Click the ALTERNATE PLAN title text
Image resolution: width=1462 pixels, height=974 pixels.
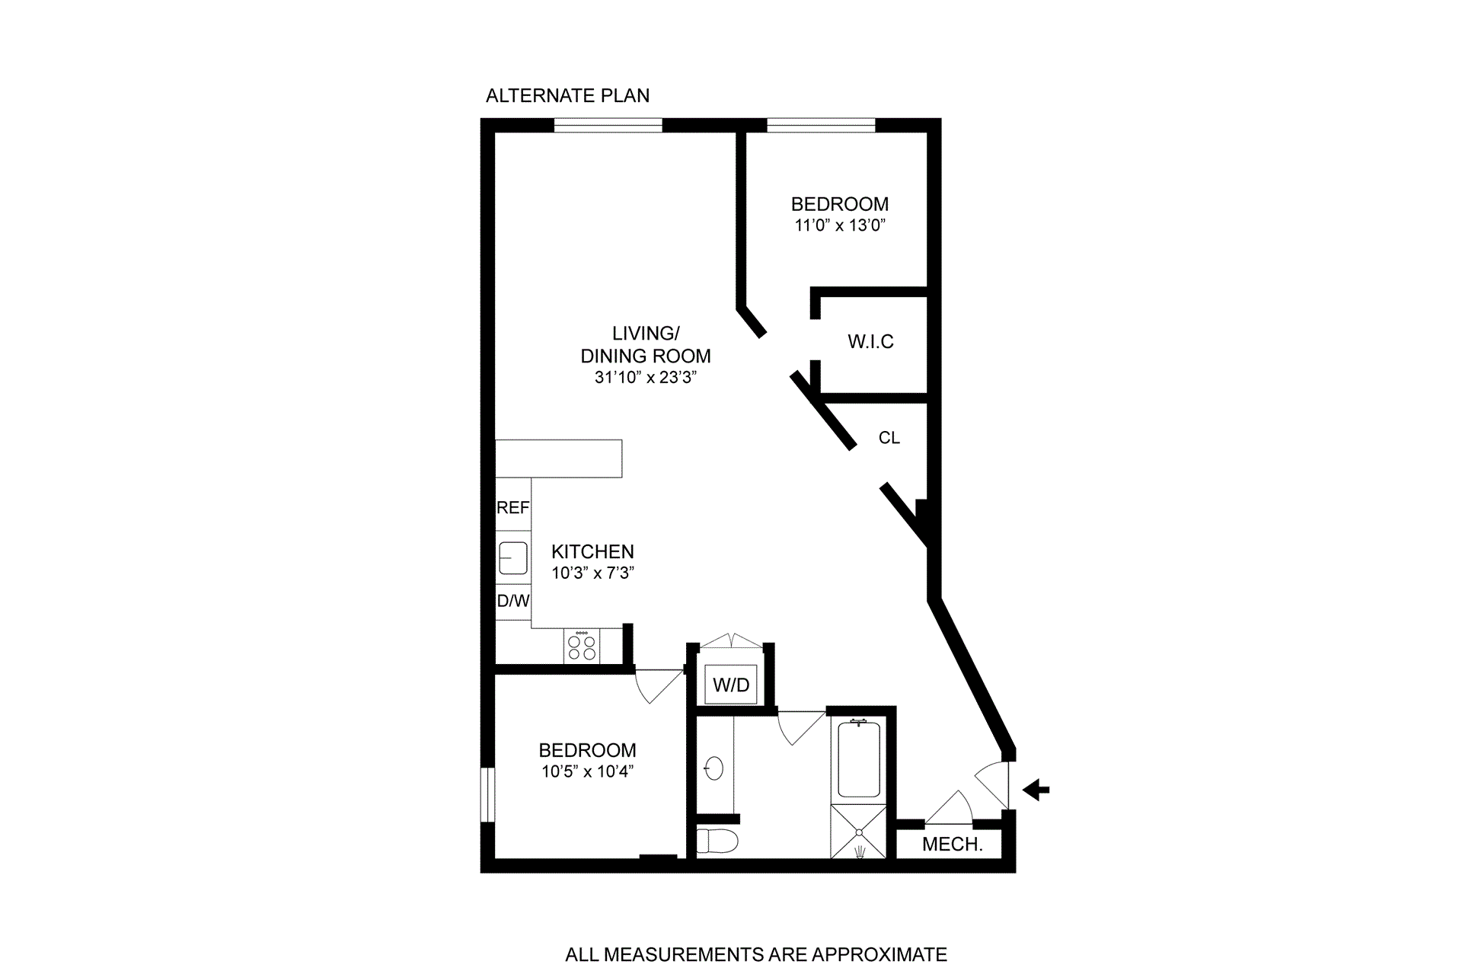click(x=567, y=96)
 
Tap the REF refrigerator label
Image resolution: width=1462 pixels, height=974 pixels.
click(x=512, y=508)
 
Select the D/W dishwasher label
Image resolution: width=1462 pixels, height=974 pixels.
click(x=512, y=601)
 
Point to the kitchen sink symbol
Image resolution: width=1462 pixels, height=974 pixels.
click(x=512, y=557)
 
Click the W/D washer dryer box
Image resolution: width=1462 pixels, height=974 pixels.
click(x=731, y=685)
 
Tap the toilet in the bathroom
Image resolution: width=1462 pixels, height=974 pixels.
click(x=717, y=841)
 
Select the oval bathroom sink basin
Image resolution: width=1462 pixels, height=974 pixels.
click(x=713, y=768)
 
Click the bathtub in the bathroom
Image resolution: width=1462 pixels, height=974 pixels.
click(x=859, y=759)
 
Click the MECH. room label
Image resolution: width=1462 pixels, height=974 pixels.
click(x=952, y=845)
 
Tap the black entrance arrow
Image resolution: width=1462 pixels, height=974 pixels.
click(x=1036, y=790)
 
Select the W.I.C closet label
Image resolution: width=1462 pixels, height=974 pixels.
click(x=870, y=342)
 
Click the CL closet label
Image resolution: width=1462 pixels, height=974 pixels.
click(x=889, y=438)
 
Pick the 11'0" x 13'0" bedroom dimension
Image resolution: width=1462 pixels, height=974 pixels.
click(x=840, y=225)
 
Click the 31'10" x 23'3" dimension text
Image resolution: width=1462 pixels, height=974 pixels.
click(x=646, y=378)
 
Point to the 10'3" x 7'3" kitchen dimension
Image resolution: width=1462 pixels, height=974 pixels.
click(x=592, y=573)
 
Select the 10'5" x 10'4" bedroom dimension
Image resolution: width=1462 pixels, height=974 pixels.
click(x=587, y=772)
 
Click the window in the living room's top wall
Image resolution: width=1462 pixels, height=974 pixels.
click(x=608, y=126)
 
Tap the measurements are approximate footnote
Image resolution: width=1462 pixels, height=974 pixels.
click(x=755, y=955)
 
